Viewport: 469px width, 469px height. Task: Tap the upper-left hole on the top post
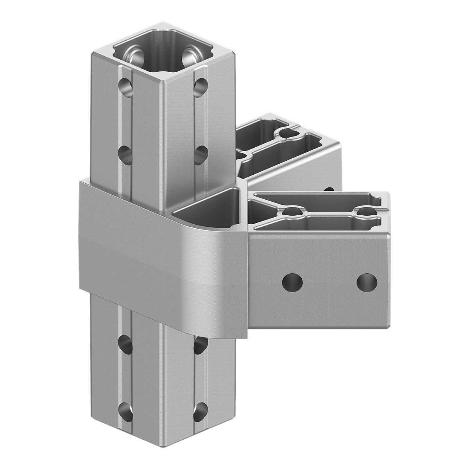click(126, 85)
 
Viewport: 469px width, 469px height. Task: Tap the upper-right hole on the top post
click(201, 85)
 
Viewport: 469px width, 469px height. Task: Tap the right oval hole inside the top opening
click(189, 55)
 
